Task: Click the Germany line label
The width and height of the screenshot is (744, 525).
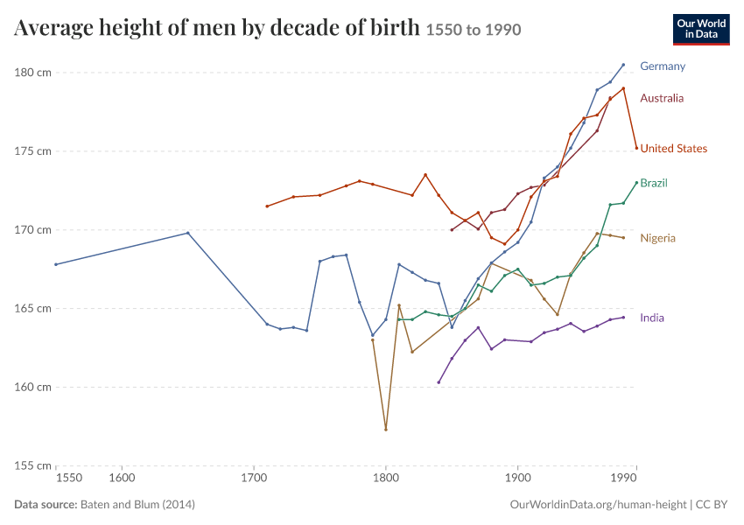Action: pyautogui.click(x=663, y=66)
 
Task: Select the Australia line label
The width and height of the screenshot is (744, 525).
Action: pyautogui.click(x=662, y=98)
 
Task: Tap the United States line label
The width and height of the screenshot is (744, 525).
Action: pyautogui.click(x=673, y=149)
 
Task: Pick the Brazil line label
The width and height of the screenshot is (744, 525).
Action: pyautogui.click(x=654, y=183)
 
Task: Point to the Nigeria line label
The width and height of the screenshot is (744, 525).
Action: pyautogui.click(x=657, y=238)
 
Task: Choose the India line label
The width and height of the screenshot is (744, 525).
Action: pyautogui.click(x=652, y=318)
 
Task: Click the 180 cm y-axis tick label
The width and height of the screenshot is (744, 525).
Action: pyautogui.click(x=32, y=73)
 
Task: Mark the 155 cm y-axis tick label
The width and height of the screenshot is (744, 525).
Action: pyautogui.click(x=32, y=465)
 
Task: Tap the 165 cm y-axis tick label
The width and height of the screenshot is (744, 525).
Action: pyautogui.click(x=32, y=308)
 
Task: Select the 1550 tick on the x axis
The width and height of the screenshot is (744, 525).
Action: pyautogui.click(x=69, y=478)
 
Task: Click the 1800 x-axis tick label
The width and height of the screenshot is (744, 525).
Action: pyautogui.click(x=386, y=478)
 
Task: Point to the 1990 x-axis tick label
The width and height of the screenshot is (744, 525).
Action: pyautogui.click(x=624, y=478)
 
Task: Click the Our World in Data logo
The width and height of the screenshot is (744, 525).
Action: pyautogui.click(x=701, y=30)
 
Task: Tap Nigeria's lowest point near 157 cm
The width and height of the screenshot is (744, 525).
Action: pyautogui.click(x=386, y=430)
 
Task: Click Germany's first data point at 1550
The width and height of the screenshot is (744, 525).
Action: pyautogui.click(x=56, y=264)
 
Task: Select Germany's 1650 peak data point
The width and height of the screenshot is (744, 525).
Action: pyautogui.click(x=188, y=233)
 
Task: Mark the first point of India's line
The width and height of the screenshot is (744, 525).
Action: pyautogui.click(x=439, y=382)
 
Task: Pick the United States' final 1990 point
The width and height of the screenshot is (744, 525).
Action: pyautogui.click(x=636, y=148)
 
